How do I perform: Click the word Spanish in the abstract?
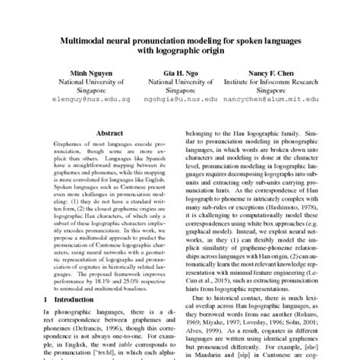[x=154, y=157]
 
